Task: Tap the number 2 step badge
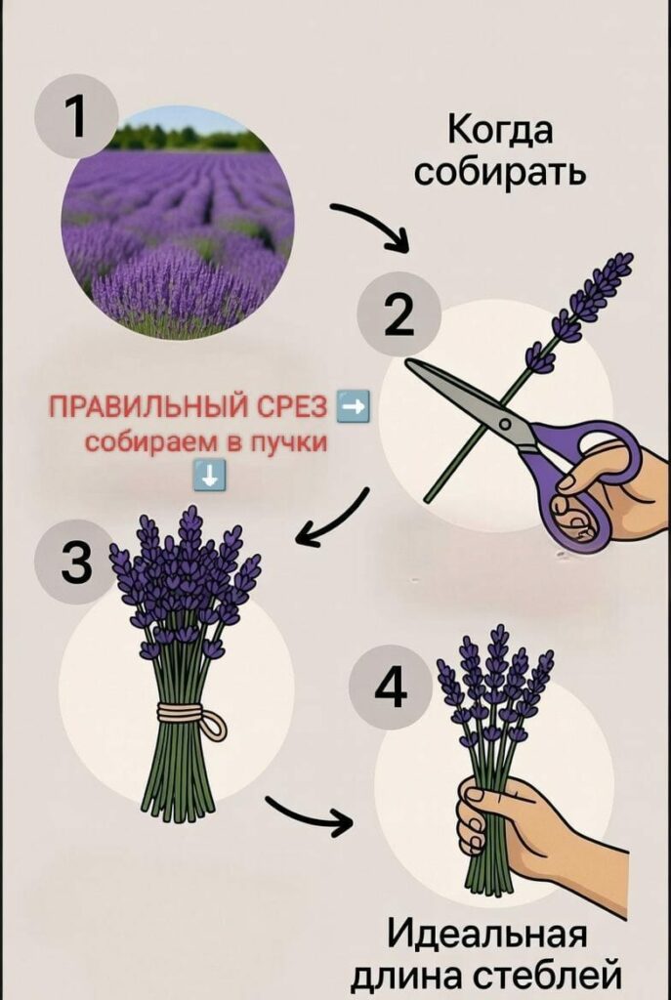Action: [398, 313]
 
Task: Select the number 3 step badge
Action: [76, 562]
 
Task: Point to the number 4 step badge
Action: [391, 687]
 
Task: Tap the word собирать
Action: [499, 172]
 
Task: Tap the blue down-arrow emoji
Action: [210, 474]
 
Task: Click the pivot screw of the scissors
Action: [505, 424]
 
